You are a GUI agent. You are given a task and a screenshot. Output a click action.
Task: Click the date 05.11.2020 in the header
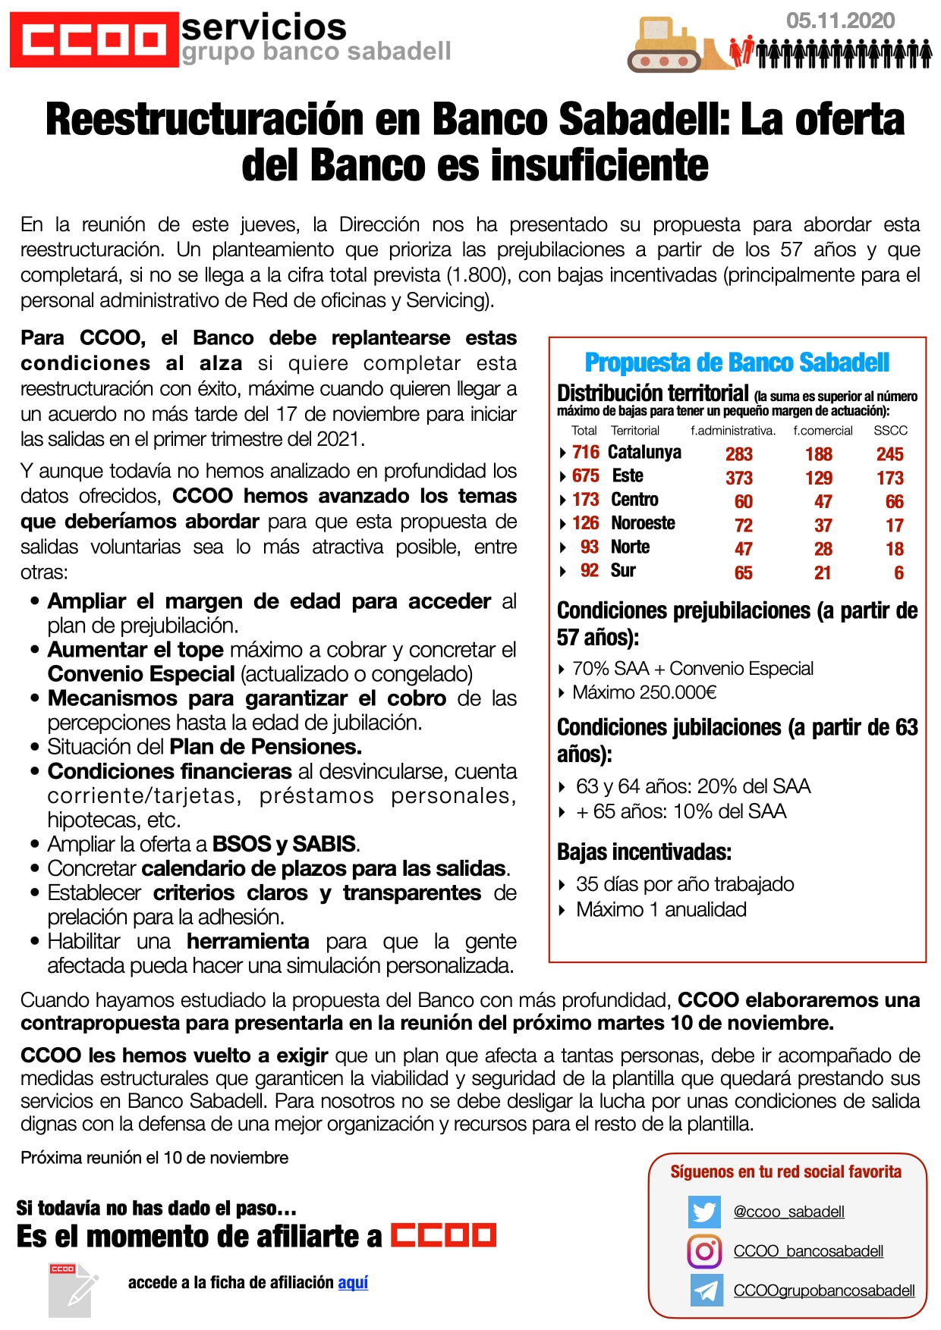[x=840, y=21]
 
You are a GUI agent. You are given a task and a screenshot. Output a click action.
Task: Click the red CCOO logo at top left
[x=94, y=39]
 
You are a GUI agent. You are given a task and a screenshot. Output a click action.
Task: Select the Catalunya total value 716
[x=586, y=453]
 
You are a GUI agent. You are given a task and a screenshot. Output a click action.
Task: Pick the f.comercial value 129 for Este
[x=819, y=478]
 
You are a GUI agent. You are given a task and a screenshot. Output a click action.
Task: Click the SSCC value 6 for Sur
[x=899, y=572]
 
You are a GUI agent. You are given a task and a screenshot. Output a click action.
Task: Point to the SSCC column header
[x=890, y=431]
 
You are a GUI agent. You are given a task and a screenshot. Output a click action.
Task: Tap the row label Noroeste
[x=643, y=523]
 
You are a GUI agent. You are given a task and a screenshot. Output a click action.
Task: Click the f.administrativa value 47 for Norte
[x=743, y=549]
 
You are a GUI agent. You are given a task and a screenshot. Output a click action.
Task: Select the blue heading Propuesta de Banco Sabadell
[x=737, y=363]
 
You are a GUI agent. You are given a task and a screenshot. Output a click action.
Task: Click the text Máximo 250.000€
[x=644, y=692]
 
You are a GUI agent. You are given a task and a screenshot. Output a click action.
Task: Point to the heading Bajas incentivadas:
[x=644, y=852]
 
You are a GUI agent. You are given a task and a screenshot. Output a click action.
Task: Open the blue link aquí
[x=353, y=1282]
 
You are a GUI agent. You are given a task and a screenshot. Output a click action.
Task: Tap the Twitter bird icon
[x=704, y=1212]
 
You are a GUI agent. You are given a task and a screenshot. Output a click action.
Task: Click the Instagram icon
[x=704, y=1251]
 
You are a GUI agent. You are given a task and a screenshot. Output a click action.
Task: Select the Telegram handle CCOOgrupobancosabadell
[x=824, y=1291]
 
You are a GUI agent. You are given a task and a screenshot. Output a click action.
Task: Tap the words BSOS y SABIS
[x=285, y=844]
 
